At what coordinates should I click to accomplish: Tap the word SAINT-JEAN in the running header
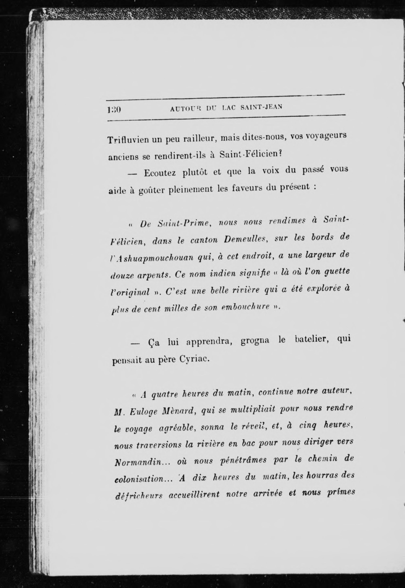click(261, 107)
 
